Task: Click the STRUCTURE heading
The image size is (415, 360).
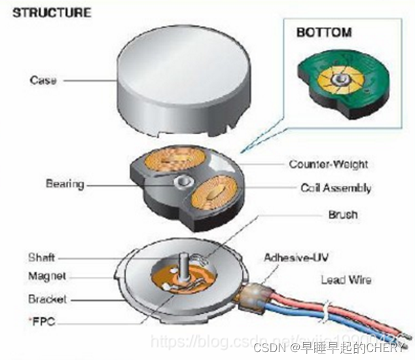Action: (x=52, y=12)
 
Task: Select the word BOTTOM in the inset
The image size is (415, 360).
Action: (x=323, y=32)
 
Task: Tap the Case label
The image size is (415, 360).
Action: (x=43, y=81)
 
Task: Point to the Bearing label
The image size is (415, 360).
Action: (x=65, y=184)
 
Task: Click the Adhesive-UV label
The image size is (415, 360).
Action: (x=294, y=257)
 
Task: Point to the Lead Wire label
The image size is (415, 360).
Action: (x=346, y=280)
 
